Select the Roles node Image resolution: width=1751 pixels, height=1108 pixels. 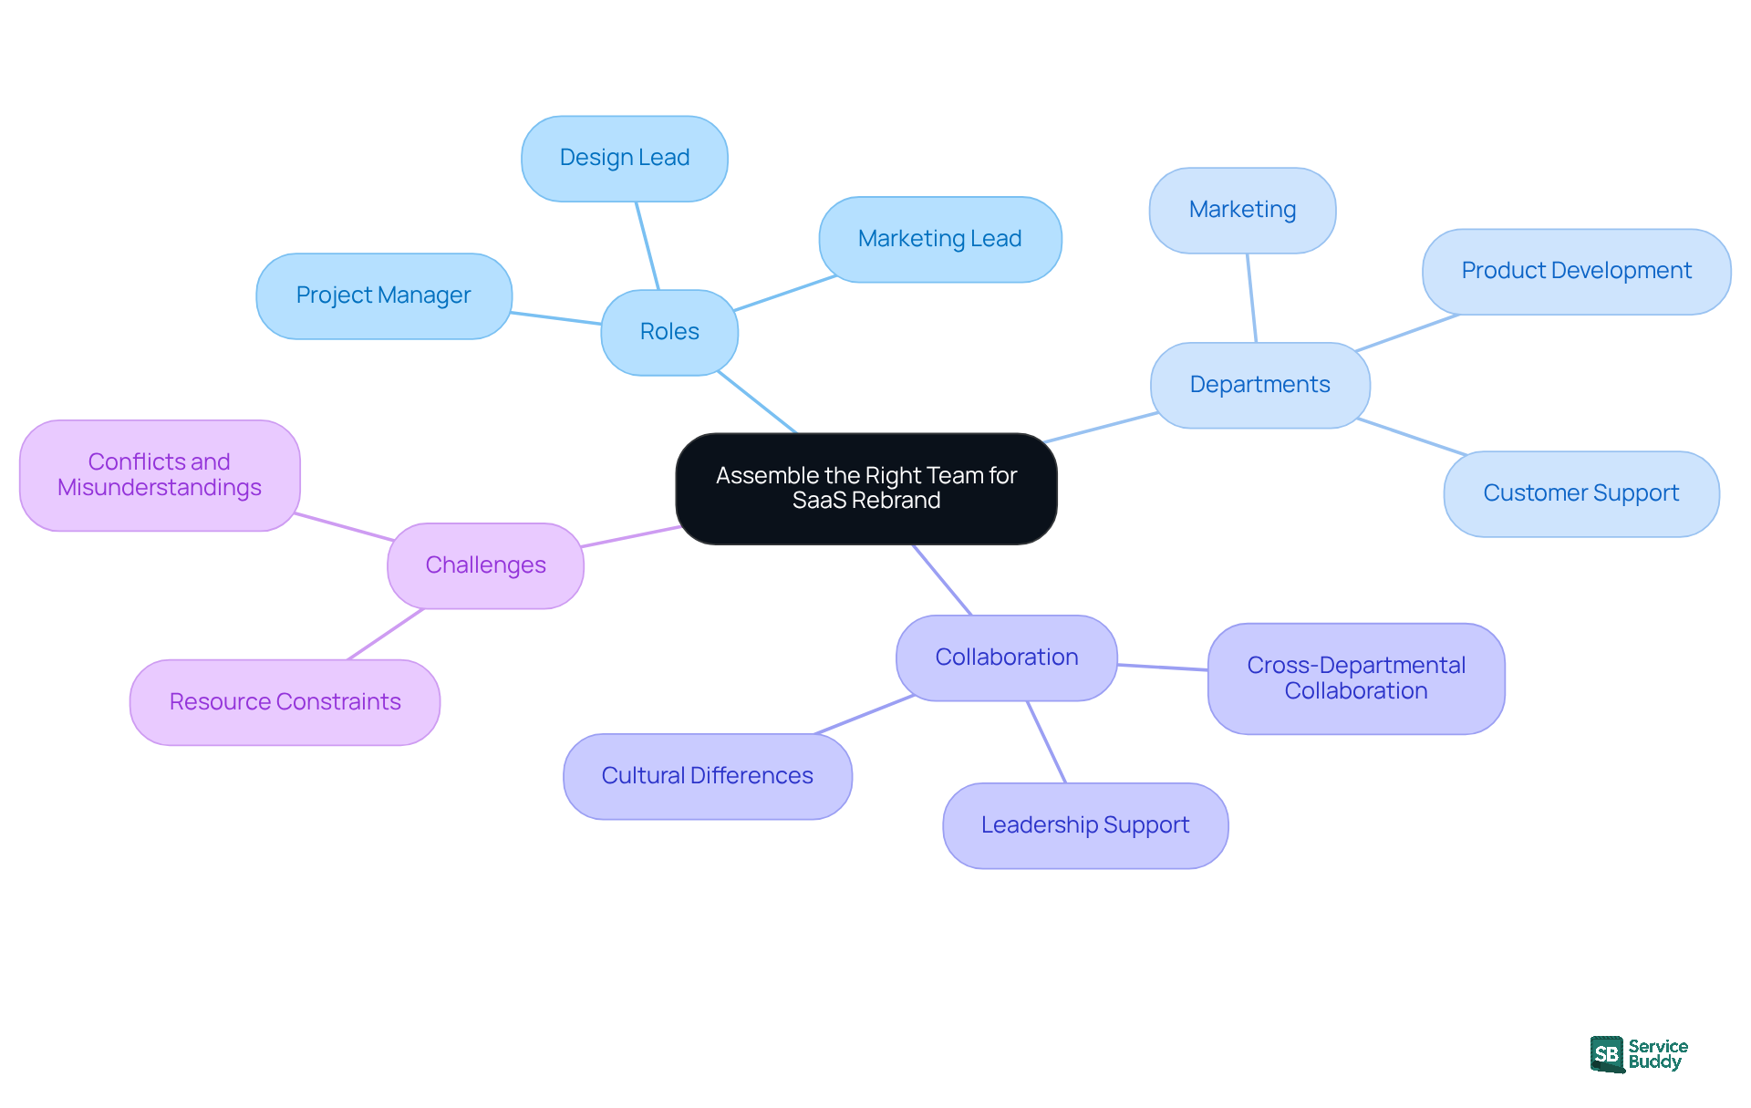tap(669, 332)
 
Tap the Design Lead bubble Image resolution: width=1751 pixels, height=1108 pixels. tap(625, 158)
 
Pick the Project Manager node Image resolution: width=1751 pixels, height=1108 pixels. tap(384, 295)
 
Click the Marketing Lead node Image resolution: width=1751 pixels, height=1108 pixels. tap(939, 239)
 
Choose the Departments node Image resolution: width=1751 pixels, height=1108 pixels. tap(1259, 385)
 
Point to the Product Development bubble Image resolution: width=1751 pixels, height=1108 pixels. tap(1576, 271)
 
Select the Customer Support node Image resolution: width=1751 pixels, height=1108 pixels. tap(1580, 493)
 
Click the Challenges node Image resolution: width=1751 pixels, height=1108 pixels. tap(485, 565)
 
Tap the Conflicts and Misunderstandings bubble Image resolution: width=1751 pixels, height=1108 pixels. tap(160, 475)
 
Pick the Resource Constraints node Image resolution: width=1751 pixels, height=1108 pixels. tap(285, 702)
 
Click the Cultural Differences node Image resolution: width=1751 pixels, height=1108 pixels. tap(707, 776)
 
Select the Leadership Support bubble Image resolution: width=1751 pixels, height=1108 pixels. tap(1085, 825)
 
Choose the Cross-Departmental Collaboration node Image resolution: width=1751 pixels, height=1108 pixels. tap(1356, 678)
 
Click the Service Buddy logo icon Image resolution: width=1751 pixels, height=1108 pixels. tap(1607, 1054)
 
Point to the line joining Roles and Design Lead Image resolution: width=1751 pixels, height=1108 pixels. tap(648, 245)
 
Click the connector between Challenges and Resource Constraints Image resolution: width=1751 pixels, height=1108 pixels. tap(386, 634)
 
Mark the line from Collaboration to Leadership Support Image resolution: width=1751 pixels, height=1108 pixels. tap(1047, 741)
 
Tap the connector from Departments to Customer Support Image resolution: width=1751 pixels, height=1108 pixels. tap(1412, 437)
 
